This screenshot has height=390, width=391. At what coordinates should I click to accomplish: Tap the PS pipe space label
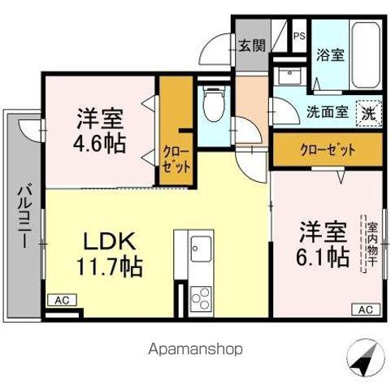click(x=299, y=35)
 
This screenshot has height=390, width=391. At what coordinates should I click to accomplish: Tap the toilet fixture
click(x=214, y=103)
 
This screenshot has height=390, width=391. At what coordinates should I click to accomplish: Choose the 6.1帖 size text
click(x=323, y=257)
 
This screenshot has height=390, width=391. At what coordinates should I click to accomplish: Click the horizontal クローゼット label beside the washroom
click(x=327, y=149)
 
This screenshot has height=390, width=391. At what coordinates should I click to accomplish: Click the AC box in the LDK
click(x=63, y=301)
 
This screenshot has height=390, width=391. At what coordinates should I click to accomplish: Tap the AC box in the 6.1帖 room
click(x=365, y=310)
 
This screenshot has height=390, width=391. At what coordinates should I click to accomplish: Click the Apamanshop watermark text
click(x=195, y=349)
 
